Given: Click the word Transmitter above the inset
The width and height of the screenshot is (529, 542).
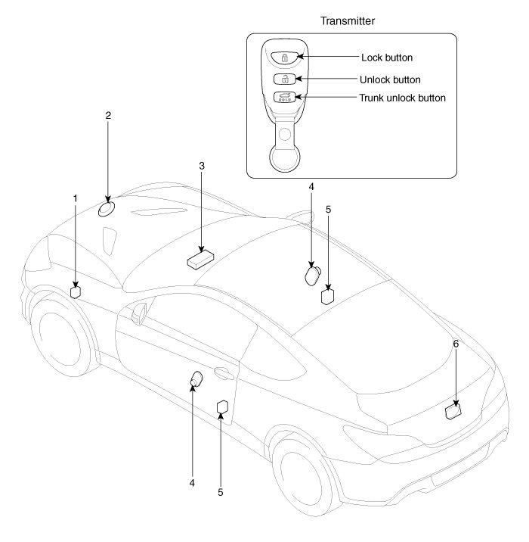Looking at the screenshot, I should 354,21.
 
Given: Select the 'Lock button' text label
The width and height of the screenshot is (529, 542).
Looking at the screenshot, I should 388,58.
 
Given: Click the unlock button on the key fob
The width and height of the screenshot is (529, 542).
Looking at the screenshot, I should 285,78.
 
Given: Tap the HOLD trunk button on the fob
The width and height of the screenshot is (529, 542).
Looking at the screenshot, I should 285,97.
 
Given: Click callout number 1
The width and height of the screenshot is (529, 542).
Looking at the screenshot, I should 76,198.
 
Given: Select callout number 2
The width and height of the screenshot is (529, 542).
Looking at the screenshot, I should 108,116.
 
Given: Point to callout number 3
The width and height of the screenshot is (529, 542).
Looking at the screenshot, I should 202,165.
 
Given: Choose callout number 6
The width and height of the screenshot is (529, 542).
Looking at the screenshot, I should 456,343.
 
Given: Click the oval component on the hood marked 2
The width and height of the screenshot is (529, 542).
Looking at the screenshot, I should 107,208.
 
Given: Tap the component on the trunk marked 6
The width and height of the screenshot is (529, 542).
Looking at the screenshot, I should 453,412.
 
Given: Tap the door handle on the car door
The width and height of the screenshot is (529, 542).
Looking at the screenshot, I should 222,372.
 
